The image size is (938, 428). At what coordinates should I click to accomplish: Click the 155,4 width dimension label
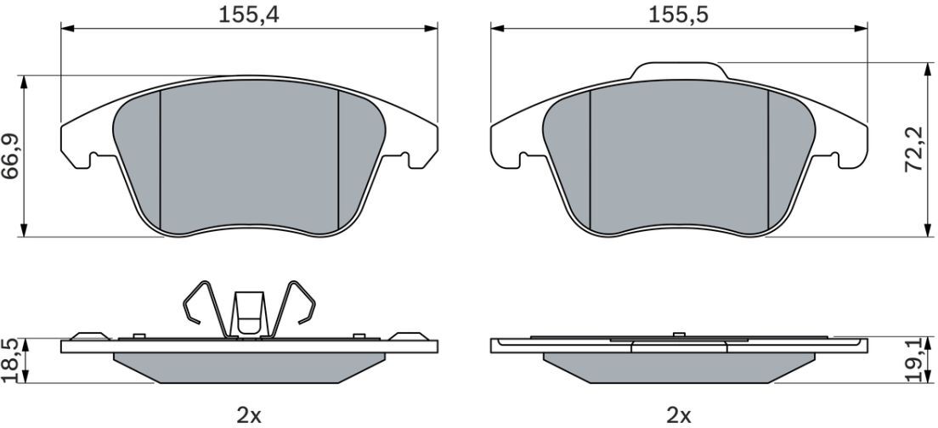248,15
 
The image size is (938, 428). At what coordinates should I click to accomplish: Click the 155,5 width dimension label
678,15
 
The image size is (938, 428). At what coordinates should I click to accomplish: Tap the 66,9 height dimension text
11,156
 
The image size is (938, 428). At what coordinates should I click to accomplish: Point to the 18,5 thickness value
11,360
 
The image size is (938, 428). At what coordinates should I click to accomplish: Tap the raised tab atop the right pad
679,70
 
